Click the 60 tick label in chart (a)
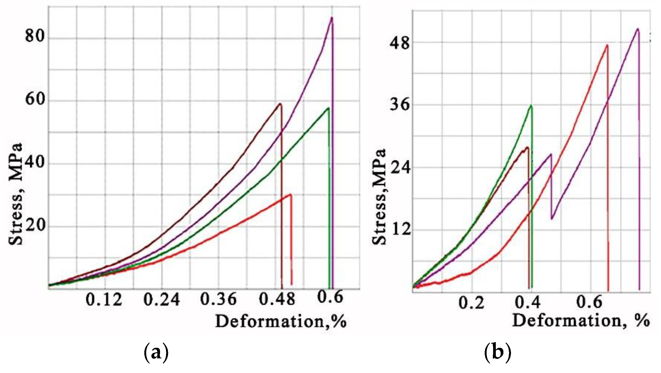[x=35, y=99]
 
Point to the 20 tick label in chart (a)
[x=35, y=225]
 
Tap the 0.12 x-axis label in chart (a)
[x=104, y=300]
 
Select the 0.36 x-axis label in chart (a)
[x=218, y=300]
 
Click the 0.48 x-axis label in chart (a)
[x=277, y=300]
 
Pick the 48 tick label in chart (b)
[x=399, y=43]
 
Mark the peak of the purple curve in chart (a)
[x=332, y=18]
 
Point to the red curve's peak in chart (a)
[x=290, y=194]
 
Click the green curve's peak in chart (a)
[x=328, y=108]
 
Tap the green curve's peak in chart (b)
[x=531, y=105]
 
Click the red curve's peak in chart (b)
[x=607, y=45]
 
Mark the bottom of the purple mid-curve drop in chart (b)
[x=552, y=219]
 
